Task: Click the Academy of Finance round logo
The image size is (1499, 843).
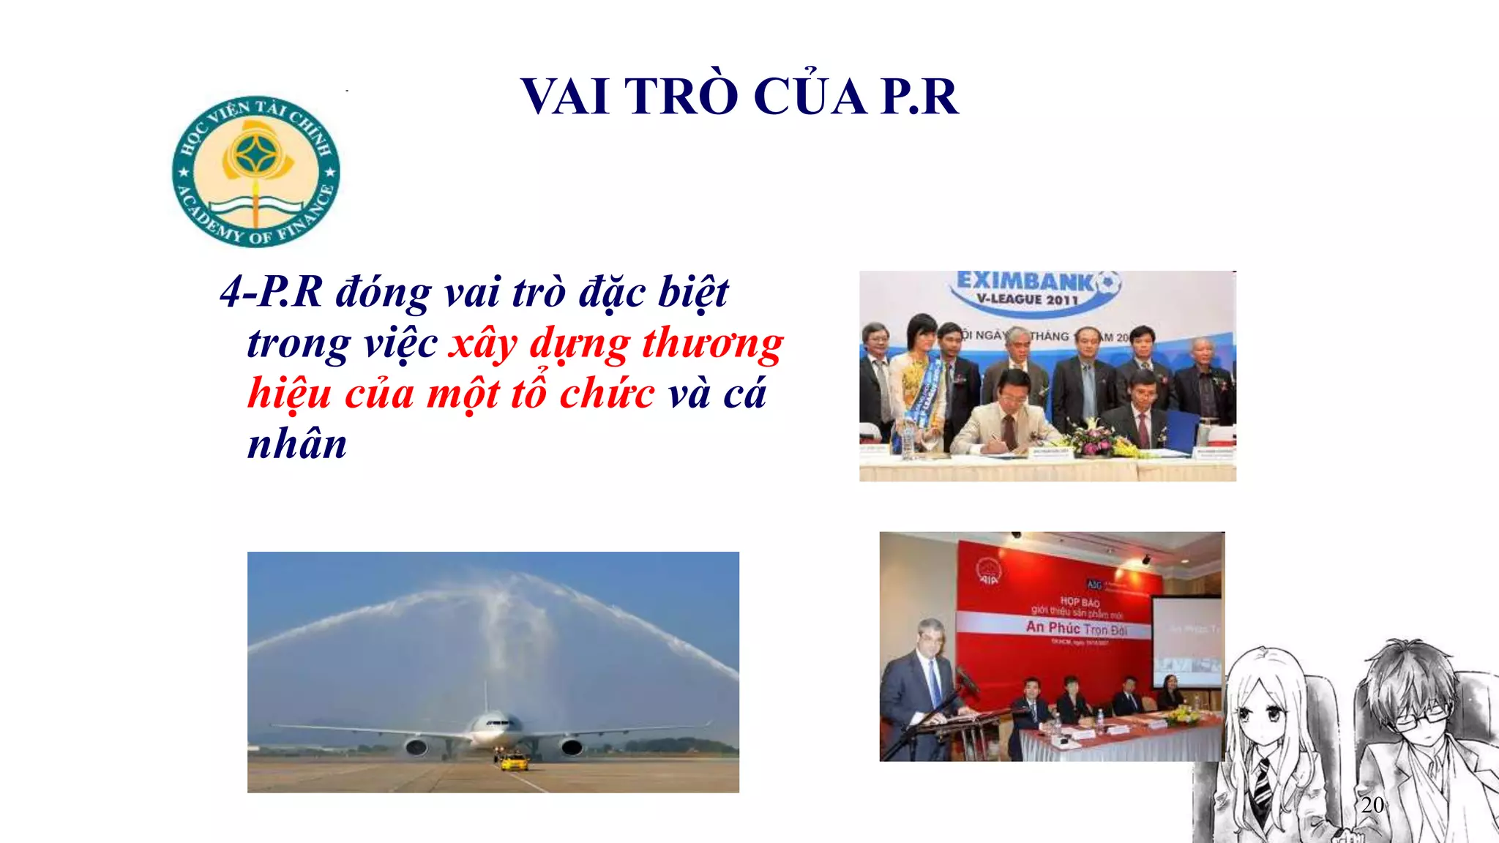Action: [x=256, y=171]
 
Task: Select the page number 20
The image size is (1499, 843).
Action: [x=1372, y=805]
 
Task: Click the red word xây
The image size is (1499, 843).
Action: [x=483, y=344]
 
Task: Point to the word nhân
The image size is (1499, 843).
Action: [x=297, y=444]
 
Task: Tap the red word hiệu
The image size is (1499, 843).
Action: [x=289, y=393]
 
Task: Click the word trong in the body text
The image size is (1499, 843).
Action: [x=299, y=344]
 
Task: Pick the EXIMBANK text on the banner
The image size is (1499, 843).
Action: [x=1025, y=281]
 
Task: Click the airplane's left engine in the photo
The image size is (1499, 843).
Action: [x=416, y=747]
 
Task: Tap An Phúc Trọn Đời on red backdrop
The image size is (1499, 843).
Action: [x=1076, y=628]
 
